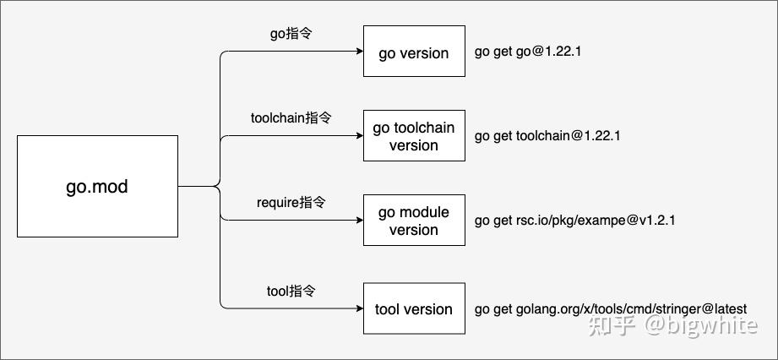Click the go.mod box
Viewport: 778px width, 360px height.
tap(97, 186)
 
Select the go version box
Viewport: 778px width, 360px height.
tap(414, 52)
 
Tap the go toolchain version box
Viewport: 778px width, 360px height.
tap(414, 136)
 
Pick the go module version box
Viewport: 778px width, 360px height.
tap(414, 221)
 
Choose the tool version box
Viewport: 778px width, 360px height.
tap(414, 309)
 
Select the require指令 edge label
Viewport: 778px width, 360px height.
tap(291, 203)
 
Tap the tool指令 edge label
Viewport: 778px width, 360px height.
tap(291, 291)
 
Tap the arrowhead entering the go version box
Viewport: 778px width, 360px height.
tap(358, 52)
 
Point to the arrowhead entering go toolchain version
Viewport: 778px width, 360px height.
tap(358, 136)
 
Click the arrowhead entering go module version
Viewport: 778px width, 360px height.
tap(358, 221)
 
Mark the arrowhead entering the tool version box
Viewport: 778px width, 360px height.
tap(358, 309)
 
